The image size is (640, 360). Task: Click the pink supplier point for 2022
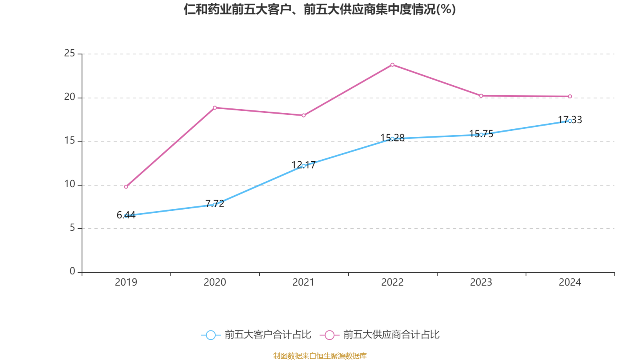tap(392, 65)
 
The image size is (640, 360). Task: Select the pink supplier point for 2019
tap(126, 187)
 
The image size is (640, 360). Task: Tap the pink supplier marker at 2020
tap(215, 108)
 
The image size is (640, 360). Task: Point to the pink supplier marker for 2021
tap(304, 116)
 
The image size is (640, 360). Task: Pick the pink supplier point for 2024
tap(570, 96)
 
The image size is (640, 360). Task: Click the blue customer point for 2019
tap(126, 216)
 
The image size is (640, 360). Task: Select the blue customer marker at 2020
tap(215, 204)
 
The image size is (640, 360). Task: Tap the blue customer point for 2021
tap(304, 166)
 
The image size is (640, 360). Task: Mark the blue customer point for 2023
tap(481, 135)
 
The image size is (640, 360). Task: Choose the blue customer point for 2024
tap(570, 121)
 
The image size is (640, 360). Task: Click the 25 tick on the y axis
tap(70, 53)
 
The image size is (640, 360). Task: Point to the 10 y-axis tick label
tap(70, 184)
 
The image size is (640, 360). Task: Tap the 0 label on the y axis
tap(72, 271)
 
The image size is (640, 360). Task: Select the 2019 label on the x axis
tap(126, 282)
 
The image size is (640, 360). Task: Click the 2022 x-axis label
tap(392, 282)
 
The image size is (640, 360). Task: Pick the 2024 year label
tap(570, 282)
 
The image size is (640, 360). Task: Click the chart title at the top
tap(320, 9)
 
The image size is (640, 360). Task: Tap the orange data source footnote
tap(320, 356)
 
